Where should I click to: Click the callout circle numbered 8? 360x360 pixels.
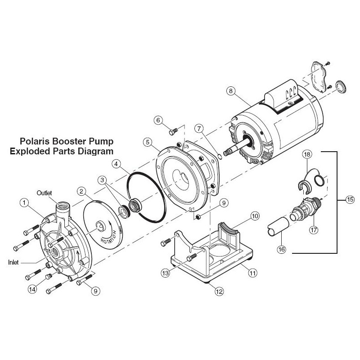coord(231,91)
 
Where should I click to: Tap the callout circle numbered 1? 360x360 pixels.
coord(24,203)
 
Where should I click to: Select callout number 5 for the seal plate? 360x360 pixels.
coord(147,142)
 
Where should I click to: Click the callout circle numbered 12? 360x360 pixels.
coord(219,291)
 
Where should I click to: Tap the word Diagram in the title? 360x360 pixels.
coord(98,151)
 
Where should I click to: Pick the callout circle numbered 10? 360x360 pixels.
coord(255,216)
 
